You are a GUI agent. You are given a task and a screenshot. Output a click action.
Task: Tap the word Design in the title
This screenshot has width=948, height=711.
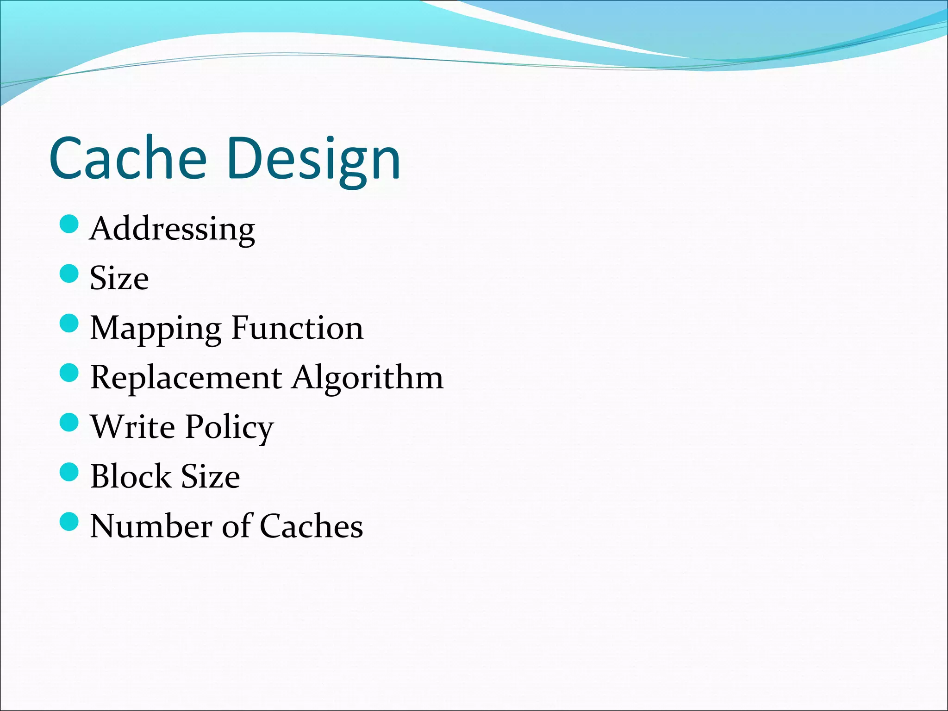click(313, 160)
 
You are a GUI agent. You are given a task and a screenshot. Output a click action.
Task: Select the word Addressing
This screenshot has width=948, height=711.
click(172, 229)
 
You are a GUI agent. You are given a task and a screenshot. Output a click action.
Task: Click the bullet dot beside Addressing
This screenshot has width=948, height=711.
click(69, 224)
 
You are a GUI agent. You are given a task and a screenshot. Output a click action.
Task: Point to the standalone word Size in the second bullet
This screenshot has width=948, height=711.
click(119, 278)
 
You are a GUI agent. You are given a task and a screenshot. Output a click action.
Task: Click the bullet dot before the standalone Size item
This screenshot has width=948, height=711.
click(69, 274)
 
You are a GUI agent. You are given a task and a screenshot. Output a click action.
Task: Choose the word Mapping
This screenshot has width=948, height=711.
click(156, 329)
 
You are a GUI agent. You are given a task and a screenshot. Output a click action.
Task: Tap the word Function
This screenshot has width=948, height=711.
click(297, 328)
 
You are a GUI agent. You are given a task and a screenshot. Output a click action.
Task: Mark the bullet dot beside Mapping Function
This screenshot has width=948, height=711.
click(69, 323)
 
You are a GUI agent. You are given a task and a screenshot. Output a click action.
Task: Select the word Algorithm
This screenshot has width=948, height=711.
click(368, 379)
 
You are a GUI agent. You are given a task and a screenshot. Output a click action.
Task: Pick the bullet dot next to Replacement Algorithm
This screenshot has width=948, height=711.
click(69, 373)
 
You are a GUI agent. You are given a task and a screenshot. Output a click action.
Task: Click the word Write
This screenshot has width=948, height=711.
click(133, 426)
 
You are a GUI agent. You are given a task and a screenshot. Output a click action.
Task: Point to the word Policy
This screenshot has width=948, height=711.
click(230, 428)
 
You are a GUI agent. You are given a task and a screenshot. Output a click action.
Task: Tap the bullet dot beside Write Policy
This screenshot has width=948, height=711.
click(69, 422)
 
